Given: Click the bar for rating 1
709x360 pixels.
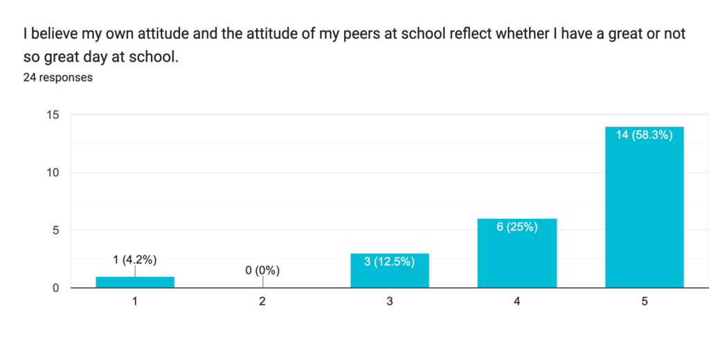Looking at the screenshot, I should click(135, 282).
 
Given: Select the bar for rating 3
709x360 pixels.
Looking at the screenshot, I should click(390, 271).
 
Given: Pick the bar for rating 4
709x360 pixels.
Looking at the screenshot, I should click(517, 253).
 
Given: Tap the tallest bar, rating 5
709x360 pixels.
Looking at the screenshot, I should click(645, 207).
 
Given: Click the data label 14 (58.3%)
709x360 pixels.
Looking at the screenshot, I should click(645, 136).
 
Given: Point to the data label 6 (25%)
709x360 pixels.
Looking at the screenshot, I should click(517, 227).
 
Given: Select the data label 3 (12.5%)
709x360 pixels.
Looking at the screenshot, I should click(390, 262).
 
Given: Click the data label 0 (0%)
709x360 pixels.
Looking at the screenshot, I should click(262, 270).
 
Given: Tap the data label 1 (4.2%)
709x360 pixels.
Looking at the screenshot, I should click(135, 260).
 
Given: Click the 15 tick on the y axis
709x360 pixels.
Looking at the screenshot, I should click(53, 115).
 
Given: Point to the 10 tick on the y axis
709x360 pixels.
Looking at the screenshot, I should click(53, 172).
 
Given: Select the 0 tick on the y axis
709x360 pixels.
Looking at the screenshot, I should click(55, 288).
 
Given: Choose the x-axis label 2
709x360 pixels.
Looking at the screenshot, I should click(262, 302).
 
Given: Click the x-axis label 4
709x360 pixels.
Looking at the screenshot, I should click(517, 302).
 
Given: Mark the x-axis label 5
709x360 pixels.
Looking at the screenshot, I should click(645, 302).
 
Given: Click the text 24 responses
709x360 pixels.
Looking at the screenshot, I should click(58, 78).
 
